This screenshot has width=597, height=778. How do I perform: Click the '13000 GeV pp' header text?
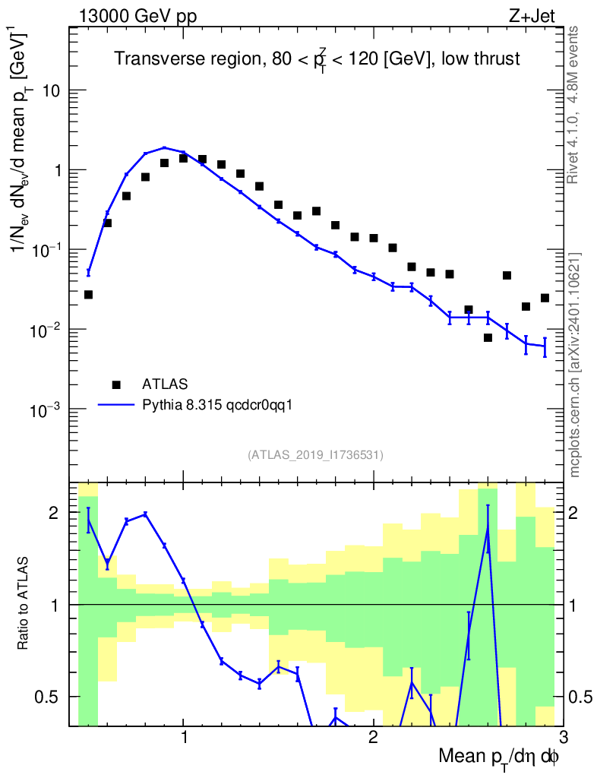(x=137, y=16)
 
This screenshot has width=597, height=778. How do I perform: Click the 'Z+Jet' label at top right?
(x=532, y=16)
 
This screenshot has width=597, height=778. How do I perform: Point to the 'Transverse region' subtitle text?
(x=188, y=59)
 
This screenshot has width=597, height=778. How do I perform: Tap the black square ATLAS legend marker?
(x=116, y=384)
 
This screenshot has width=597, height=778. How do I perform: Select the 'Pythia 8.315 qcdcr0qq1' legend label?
(x=217, y=406)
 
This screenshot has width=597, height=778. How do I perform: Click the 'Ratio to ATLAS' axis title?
(x=22, y=603)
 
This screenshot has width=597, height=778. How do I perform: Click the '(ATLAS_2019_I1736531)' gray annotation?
(x=315, y=454)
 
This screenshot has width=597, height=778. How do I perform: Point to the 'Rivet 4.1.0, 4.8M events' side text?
(x=573, y=105)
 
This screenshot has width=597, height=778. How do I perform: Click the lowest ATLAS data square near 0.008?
(x=488, y=337)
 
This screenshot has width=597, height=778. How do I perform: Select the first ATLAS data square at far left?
(x=88, y=295)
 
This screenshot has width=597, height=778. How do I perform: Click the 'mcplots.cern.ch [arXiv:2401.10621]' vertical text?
(x=574, y=337)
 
